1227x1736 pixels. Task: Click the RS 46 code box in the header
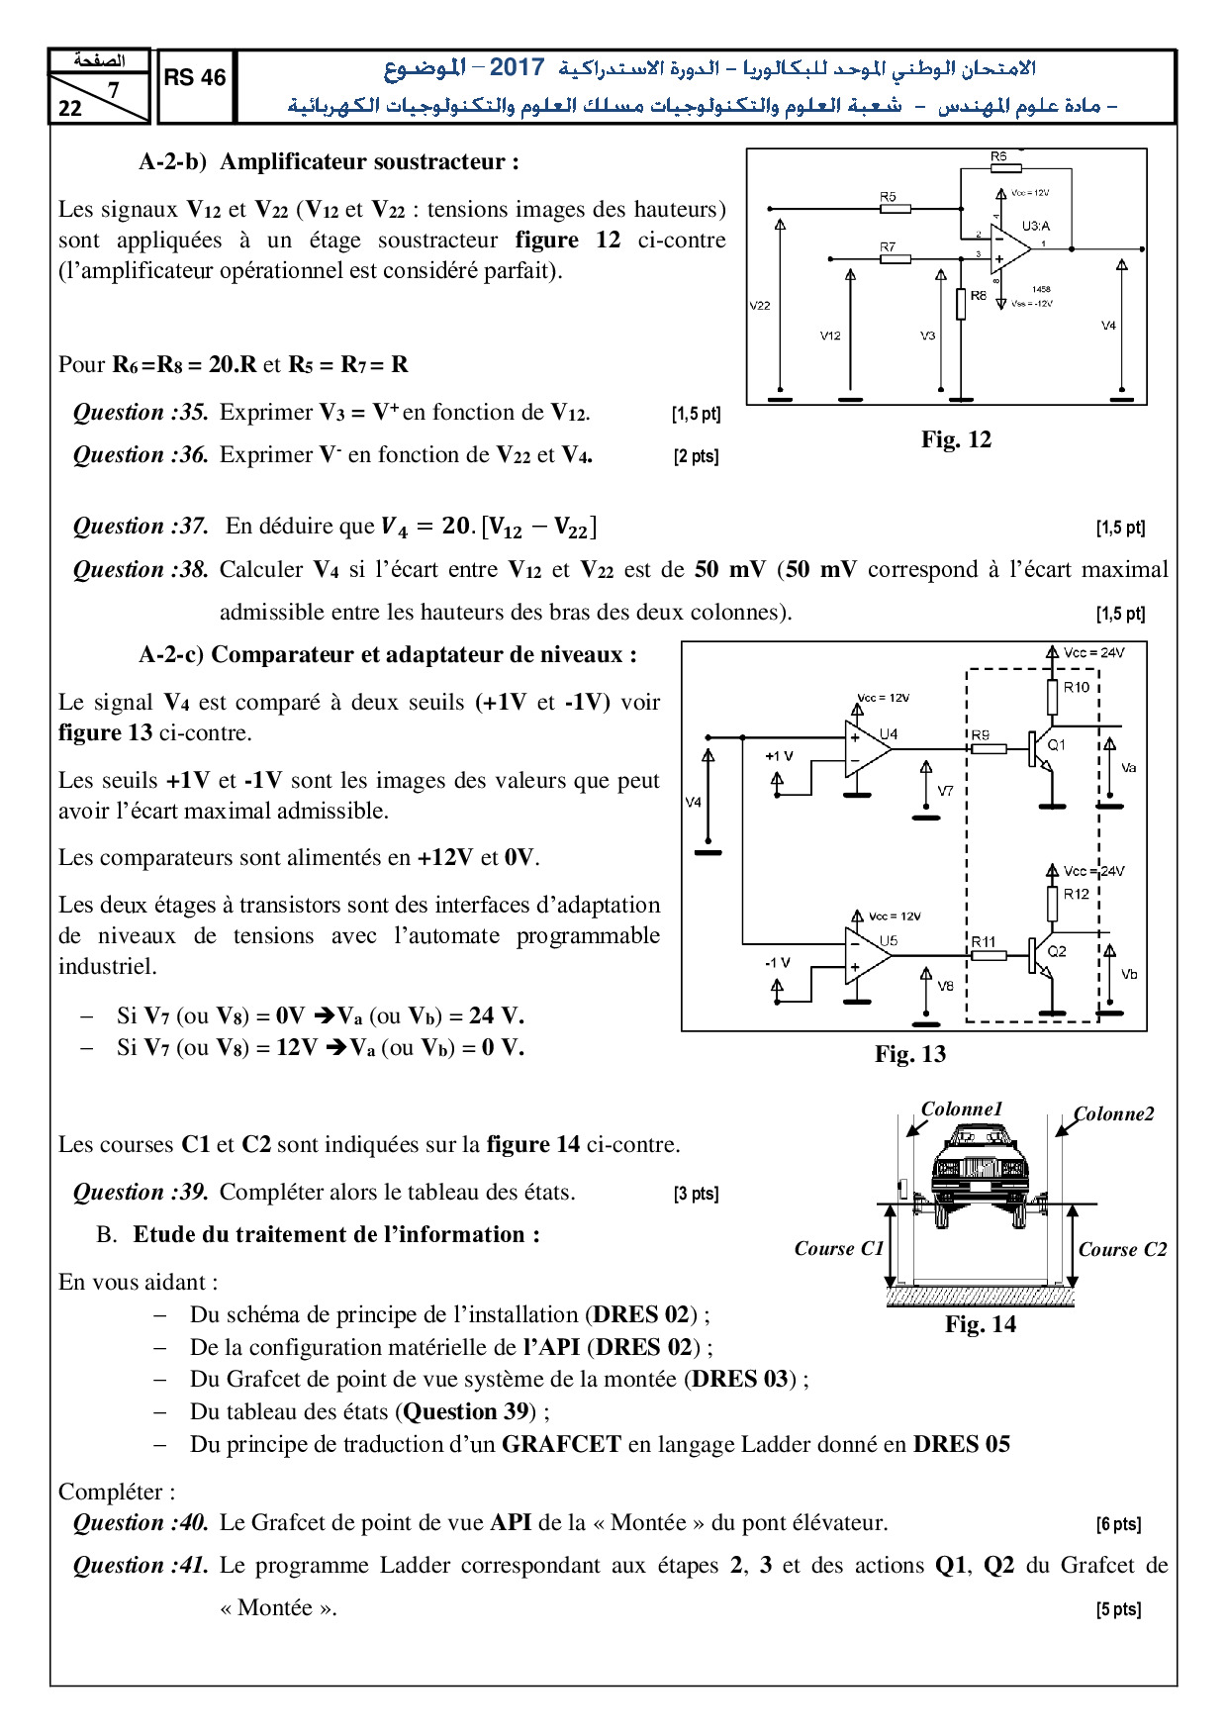[195, 78]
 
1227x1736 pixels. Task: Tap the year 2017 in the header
[517, 67]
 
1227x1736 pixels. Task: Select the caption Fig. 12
[955, 439]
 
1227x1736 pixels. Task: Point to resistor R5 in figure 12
[895, 209]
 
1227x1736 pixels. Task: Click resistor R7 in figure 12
[895, 258]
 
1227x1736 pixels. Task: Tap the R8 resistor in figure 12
[961, 303]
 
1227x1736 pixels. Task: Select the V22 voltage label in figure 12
[760, 306]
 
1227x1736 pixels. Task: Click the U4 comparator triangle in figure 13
[867, 748]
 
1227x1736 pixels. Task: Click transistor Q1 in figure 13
[1041, 749]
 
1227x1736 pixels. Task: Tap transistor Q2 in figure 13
[1041, 955]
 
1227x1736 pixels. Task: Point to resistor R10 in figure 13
[1052, 698]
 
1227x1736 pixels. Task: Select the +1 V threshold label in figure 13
[779, 756]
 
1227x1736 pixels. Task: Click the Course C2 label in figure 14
[1122, 1249]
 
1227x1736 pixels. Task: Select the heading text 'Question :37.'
[141, 527]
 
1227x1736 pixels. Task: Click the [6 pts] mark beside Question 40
[1118, 1524]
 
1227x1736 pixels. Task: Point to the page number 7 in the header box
[113, 90]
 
